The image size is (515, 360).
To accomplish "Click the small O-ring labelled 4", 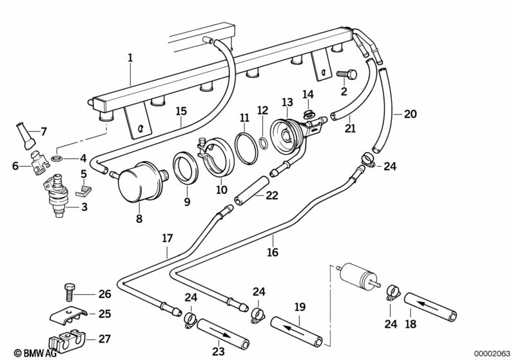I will (57, 158).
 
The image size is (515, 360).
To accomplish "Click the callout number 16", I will (273, 252).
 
